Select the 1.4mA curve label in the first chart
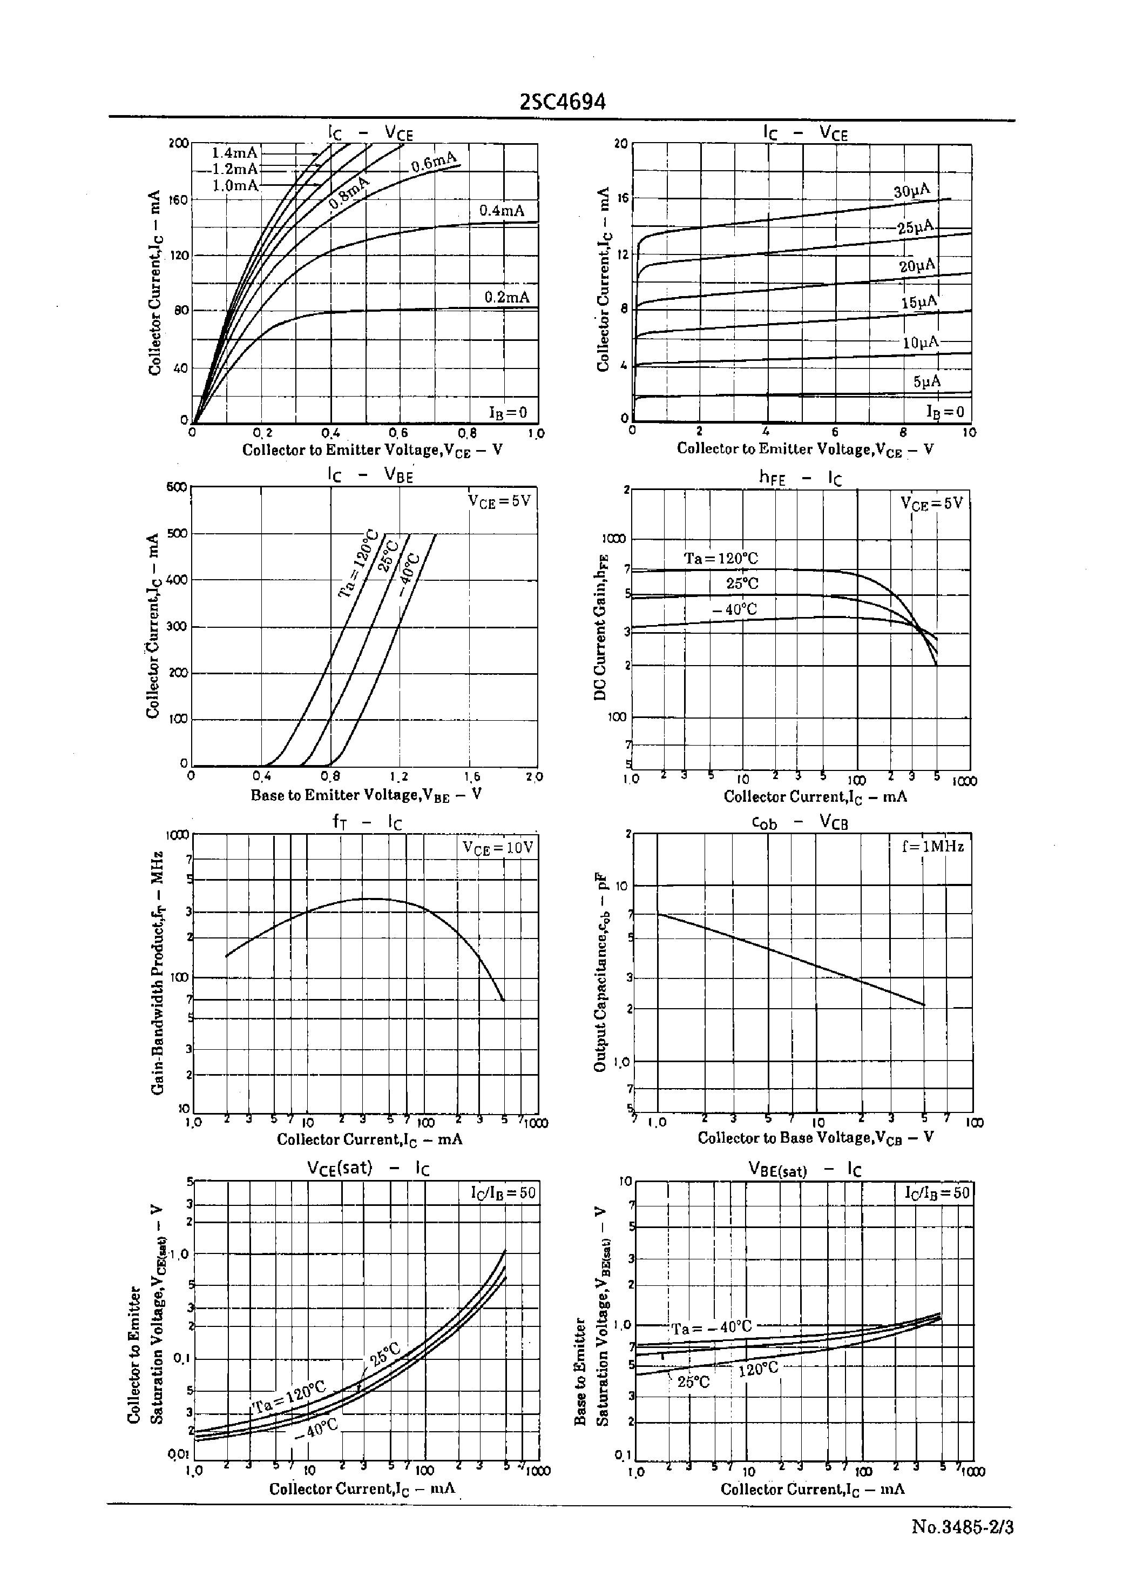[234, 153]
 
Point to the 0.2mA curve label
[506, 298]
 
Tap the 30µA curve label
[911, 192]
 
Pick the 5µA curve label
[926, 381]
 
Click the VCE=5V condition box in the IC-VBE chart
[498, 501]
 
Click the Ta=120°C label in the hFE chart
[721, 558]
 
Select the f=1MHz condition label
[932, 846]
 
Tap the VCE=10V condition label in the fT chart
[498, 848]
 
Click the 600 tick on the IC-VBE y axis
[177, 486]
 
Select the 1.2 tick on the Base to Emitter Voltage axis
[399, 777]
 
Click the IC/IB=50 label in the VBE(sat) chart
[937, 1193]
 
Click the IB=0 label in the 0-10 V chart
[945, 412]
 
